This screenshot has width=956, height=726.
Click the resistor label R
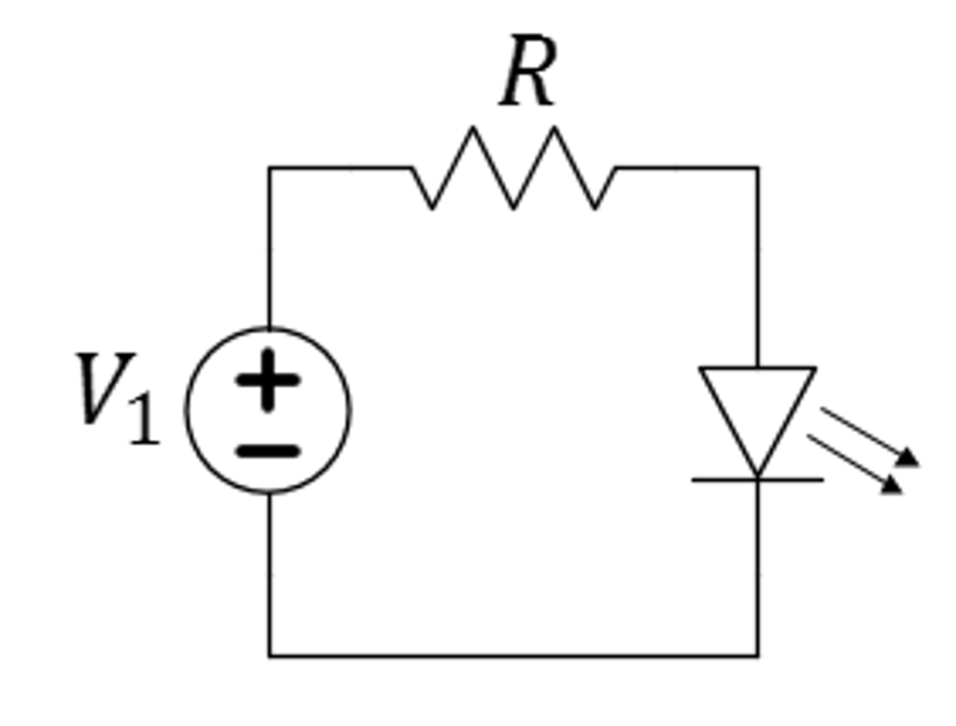(x=528, y=73)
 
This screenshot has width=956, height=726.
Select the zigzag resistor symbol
(x=513, y=168)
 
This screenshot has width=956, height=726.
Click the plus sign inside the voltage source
(x=268, y=378)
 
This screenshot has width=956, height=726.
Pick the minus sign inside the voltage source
(x=268, y=451)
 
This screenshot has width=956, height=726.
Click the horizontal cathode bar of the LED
(x=757, y=479)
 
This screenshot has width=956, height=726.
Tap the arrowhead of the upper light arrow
(x=908, y=458)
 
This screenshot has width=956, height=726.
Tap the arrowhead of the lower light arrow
(x=892, y=485)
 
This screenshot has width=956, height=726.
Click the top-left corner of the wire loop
(x=270, y=168)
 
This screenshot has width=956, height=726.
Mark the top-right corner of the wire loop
(x=757, y=168)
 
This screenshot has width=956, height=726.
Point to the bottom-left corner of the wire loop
(x=270, y=656)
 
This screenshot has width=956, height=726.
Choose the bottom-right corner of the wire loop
(x=757, y=656)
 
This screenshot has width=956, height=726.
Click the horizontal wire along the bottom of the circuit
(x=513, y=656)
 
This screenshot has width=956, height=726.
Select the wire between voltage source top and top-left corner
(x=270, y=248)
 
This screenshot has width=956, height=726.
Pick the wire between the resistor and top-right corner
(x=686, y=168)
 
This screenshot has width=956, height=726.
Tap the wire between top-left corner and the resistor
(x=341, y=168)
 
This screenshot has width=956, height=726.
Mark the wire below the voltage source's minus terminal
(x=270, y=575)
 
